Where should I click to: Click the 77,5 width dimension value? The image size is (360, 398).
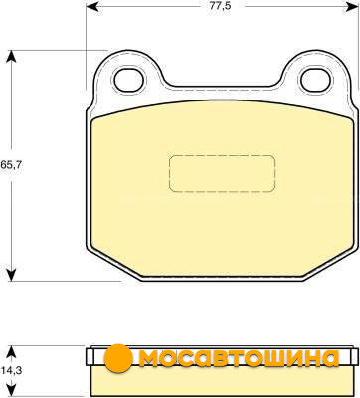click(220, 6)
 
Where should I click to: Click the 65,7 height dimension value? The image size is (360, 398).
click(11, 165)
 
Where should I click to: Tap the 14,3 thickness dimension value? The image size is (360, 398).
click(11, 370)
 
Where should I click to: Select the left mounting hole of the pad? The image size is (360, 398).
click(129, 80)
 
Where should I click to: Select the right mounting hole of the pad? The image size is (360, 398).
click(316, 80)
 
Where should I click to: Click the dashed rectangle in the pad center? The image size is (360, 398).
click(222, 173)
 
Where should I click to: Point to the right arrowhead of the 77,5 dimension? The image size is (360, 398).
click(351, 6)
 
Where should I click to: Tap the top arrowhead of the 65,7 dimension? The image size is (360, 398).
click(12, 56)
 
